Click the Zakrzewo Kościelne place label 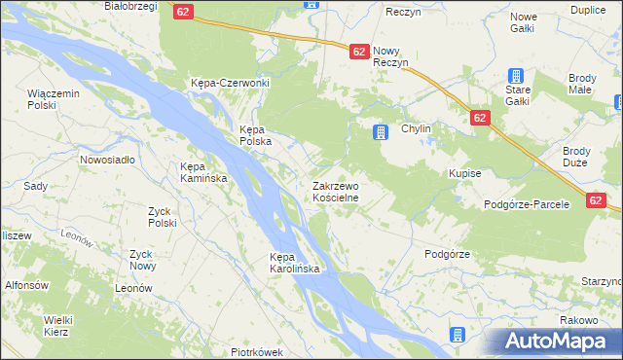point(336,191)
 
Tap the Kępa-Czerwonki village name point(230,83)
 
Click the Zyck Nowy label point(142,260)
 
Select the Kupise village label point(465,172)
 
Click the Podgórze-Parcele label point(532,206)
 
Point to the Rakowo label point(578,319)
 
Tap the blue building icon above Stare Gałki point(516,76)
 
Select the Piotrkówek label point(256,352)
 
